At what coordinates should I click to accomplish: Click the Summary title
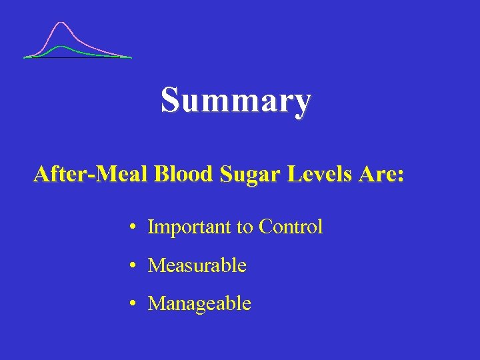[x=235, y=101]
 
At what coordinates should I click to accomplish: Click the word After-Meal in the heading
[x=91, y=175]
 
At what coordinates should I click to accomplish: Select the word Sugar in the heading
[x=242, y=176]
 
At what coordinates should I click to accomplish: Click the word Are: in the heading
[x=380, y=175]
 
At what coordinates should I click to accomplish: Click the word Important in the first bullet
[x=189, y=227]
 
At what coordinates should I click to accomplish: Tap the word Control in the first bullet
[x=291, y=227]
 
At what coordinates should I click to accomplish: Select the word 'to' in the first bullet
[x=245, y=228]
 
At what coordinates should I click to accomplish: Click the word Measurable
[x=197, y=265]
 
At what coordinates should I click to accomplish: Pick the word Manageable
[x=199, y=304]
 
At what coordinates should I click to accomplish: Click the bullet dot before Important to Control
[x=134, y=228]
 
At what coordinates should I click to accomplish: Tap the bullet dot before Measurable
[x=134, y=266]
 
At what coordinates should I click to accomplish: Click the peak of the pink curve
[x=61, y=23]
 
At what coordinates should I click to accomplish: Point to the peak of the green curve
[x=61, y=46]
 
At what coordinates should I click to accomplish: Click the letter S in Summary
[x=169, y=101]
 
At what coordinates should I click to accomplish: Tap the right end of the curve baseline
[x=131, y=58]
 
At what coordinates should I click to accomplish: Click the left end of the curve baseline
[x=25, y=58]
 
